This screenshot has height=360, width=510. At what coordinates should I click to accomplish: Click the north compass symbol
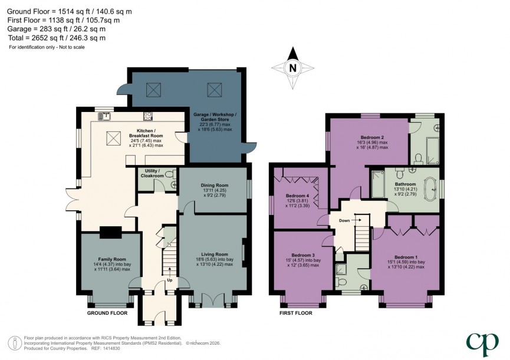click(292, 68)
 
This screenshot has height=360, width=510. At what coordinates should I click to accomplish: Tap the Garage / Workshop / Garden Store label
click(215, 121)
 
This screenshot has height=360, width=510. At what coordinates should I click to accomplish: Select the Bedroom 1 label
click(406, 262)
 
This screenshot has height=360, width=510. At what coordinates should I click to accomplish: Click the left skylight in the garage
click(154, 90)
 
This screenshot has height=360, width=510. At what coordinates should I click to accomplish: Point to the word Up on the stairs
click(171, 280)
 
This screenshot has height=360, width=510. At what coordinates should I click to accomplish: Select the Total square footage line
click(57, 38)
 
